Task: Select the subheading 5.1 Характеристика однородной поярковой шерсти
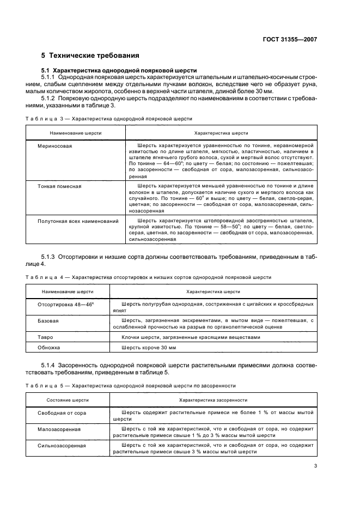(119, 71)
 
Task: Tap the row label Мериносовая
(54, 147)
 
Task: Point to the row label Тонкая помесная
(59, 186)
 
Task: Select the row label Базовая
(48, 321)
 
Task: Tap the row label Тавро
(45, 337)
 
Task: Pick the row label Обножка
(49, 347)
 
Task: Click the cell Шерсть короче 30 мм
(148, 347)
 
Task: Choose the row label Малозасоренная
(59, 429)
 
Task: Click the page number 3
(315, 466)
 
